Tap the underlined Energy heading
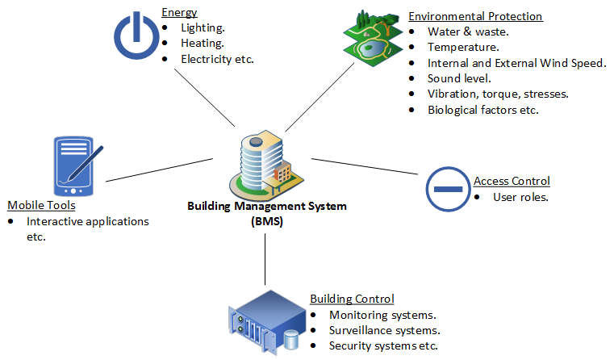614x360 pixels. click(179, 13)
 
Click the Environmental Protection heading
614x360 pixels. click(475, 16)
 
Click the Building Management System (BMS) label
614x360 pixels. click(267, 213)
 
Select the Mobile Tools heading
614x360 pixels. click(41, 205)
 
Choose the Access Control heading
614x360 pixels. click(512, 181)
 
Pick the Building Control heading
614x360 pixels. click(352, 299)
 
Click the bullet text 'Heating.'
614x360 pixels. click(203, 44)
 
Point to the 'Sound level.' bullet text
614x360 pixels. click(459, 78)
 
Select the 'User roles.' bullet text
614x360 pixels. click(520, 196)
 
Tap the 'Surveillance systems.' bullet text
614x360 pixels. click(384, 330)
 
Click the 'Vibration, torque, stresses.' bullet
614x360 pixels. click(498, 94)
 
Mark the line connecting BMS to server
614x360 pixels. click(265, 262)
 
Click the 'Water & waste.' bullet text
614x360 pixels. click(468, 32)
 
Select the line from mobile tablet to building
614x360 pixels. click(157, 169)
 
